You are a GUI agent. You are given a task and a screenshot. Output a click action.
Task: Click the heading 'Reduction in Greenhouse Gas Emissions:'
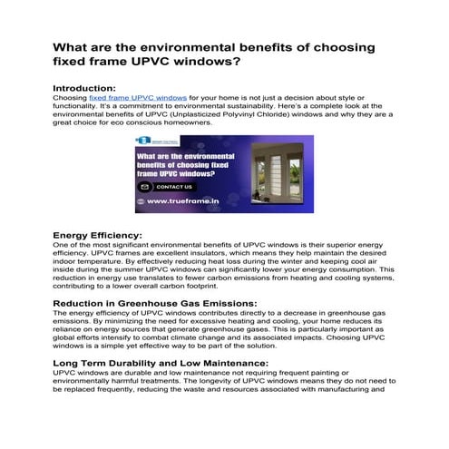click(155, 302)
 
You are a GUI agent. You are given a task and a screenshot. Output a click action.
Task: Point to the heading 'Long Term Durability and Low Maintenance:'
click(162, 362)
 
